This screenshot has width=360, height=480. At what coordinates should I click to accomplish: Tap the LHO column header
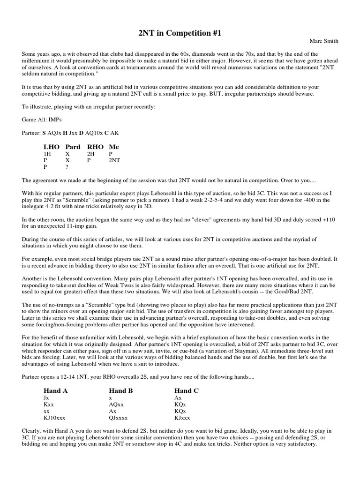tap(52, 147)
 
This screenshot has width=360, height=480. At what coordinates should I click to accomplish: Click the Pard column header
tap(73, 147)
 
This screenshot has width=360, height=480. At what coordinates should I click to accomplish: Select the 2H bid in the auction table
tap(90, 153)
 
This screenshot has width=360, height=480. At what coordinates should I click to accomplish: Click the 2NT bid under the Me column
tap(114, 160)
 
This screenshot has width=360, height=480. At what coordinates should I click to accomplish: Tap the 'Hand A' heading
tap(56, 390)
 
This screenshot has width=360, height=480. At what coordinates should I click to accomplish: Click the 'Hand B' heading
tap(121, 390)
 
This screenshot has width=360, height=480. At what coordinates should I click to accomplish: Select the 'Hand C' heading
tap(186, 390)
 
